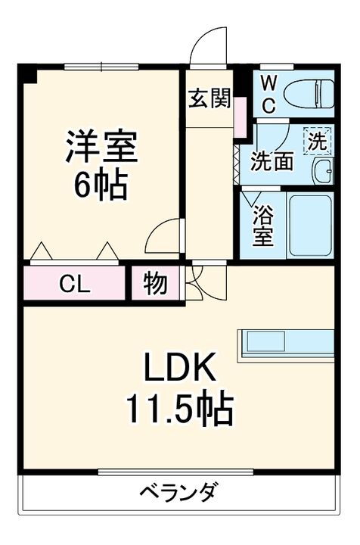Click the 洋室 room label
(101, 147)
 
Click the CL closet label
(75, 285)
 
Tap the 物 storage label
(155, 285)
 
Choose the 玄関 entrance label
(209, 98)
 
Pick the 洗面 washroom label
(272, 160)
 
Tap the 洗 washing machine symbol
(318, 140)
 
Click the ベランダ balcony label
(178, 492)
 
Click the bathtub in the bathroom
(310, 225)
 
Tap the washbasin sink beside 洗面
(324, 170)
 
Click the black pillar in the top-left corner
(28, 73)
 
